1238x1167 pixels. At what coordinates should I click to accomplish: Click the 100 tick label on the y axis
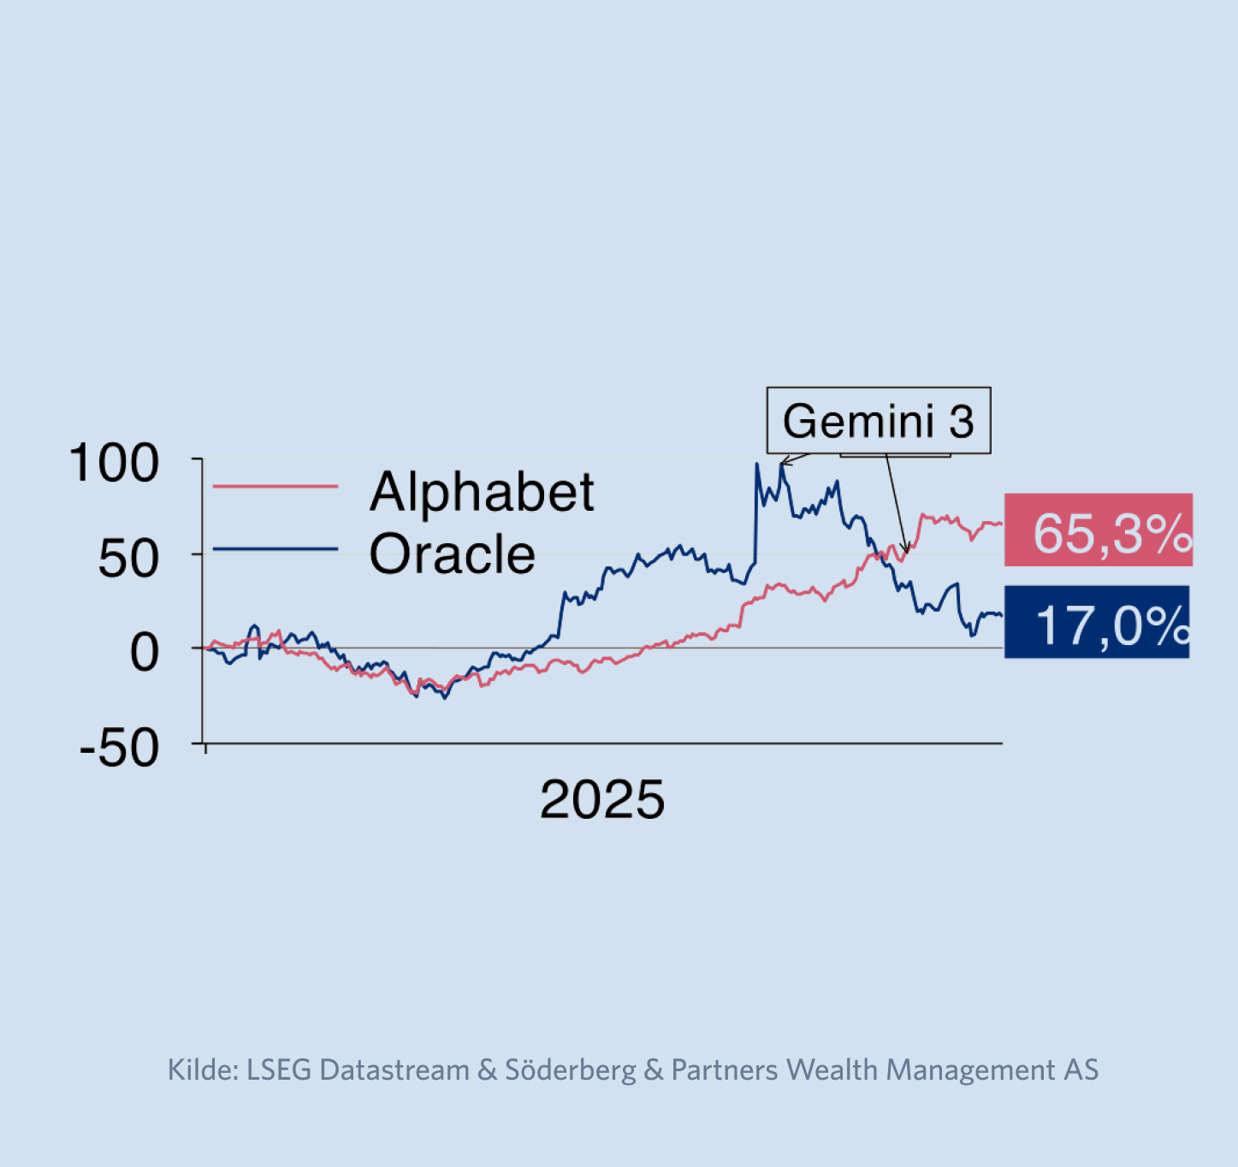click(114, 464)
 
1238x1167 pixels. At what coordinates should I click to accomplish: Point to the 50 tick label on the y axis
click(128, 560)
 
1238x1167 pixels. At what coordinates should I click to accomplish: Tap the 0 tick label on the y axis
click(144, 654)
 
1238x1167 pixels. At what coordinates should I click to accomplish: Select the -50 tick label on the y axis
click(119, 749)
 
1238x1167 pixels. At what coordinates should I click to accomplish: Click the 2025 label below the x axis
click(602, 800)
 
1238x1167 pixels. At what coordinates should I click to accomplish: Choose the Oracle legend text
click(452, 554)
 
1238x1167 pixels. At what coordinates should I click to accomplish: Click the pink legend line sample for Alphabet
click(275, 487)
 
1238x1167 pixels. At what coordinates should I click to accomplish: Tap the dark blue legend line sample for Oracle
click(275, 548)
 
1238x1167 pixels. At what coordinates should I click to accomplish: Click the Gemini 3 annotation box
click(878, 420)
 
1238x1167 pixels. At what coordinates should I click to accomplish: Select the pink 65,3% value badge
click(1099, 530)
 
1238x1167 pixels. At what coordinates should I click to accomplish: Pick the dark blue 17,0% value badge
click(1097, 623)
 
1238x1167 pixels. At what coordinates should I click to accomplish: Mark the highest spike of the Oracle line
click(756, 465)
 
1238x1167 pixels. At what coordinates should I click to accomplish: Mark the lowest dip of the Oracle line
click(444, 698)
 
